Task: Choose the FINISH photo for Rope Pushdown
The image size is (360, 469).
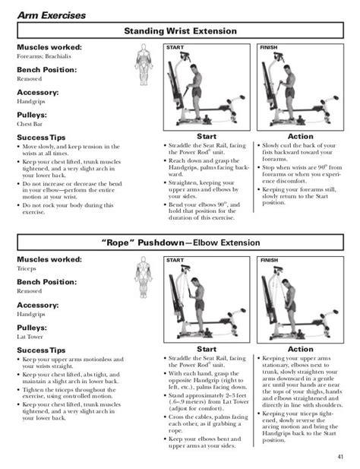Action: (302, 302)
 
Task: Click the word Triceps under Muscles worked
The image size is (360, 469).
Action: (28, 269)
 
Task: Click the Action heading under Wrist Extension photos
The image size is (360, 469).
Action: (302, 137)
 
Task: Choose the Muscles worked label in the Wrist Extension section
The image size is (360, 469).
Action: (50, 47)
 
